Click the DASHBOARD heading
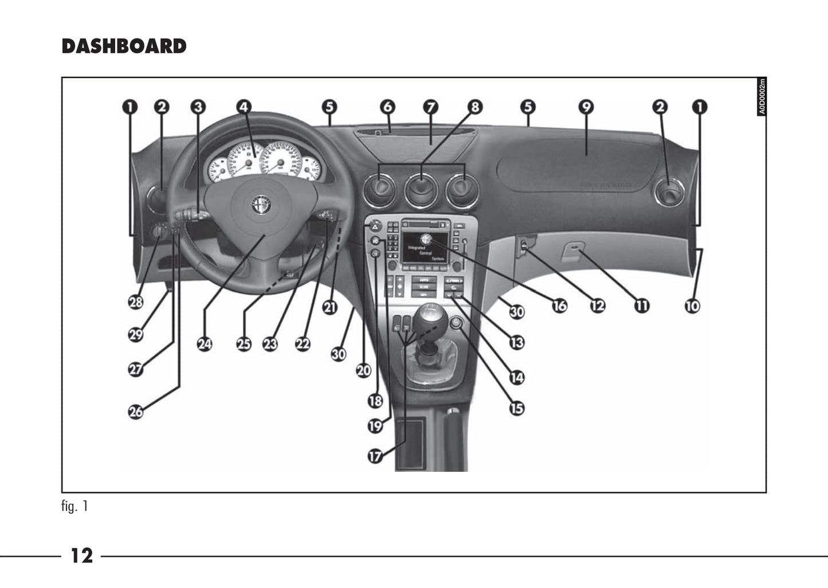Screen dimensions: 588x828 coord(124,46)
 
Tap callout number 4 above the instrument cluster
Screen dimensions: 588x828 coord(244,107)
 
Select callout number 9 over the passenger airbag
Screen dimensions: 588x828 coord(586,107)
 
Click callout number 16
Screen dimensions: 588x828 coord(559,305)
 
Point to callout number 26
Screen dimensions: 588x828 coord(136,411)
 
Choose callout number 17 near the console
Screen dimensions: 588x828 coord(375,456)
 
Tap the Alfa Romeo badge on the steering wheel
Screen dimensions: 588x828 coord(261,205)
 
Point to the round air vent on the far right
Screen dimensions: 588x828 coord(668,191)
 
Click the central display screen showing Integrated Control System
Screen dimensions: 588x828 coord(425,247)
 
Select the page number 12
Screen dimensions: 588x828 coord(81,555)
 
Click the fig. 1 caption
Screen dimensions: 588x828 coord(74,507)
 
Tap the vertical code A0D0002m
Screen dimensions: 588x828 coord(762,96)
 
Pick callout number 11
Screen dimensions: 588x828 coord(642,305)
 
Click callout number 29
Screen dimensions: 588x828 coord(136,334)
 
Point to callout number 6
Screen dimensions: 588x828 coord(387,107)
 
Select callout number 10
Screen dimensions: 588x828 coord(692,305)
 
